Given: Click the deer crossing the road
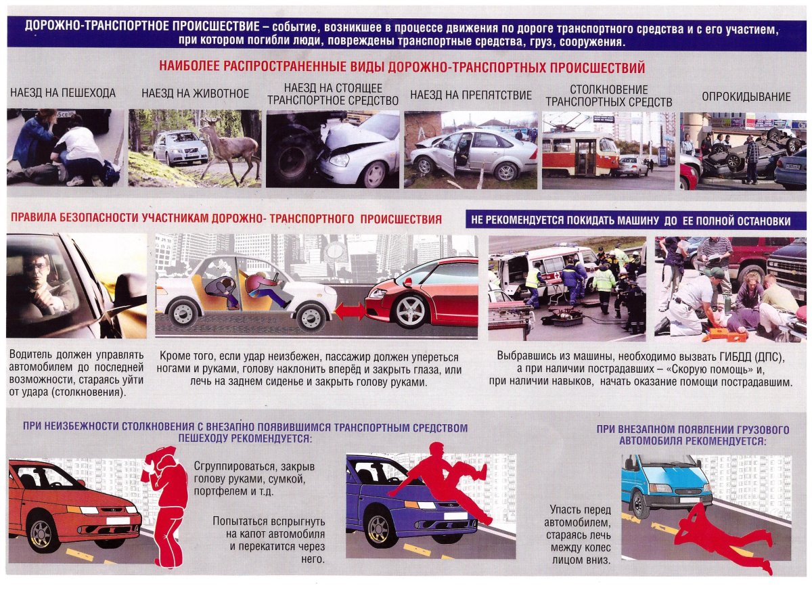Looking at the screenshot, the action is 231,150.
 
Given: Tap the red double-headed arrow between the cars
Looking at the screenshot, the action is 351,311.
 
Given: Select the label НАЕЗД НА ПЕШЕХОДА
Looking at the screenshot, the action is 63,93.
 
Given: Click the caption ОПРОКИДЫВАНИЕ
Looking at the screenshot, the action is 746,97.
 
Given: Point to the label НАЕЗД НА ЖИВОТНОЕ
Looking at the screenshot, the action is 195,93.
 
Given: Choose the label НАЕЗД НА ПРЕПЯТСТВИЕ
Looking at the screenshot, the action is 471,95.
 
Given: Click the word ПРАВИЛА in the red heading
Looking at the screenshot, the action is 32,219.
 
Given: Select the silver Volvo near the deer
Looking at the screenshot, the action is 180,147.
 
